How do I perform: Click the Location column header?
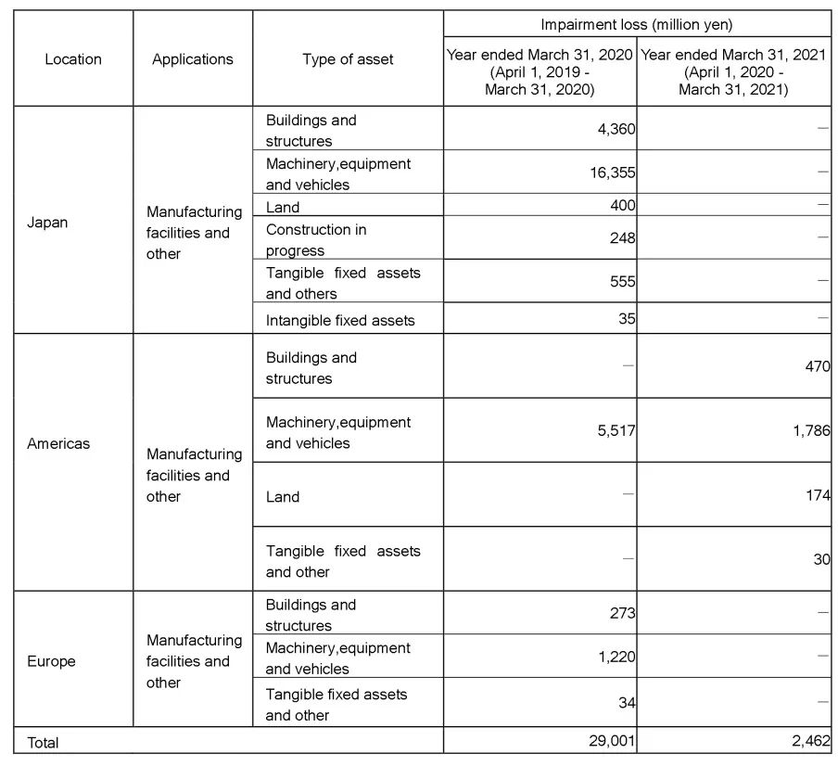tap(73, 59)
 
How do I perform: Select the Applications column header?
tap(193, 59)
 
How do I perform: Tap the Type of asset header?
tap(348, 59)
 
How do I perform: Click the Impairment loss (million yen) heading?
tap(636, 25)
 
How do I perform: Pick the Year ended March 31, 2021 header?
tap(733, 72)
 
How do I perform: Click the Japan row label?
tap(47, 223)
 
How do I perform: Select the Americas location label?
tap(58, 443)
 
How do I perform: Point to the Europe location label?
tap(51, 661)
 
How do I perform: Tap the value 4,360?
tap(616, 129)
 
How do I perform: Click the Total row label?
tap(43, 743)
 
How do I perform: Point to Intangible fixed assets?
tap(340, 321)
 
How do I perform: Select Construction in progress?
tap(315, 239)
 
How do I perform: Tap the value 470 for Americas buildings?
tap(817, 366)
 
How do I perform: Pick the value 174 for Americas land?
tap(818, 496)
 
